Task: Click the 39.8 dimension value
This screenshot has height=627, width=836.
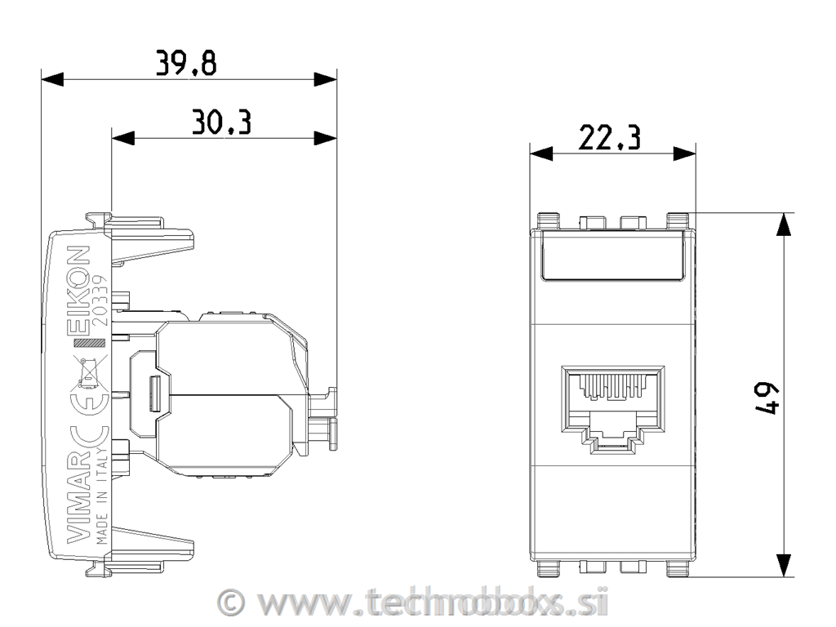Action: (x=187, y=63)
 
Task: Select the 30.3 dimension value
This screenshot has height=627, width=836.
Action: (x=221, y=122)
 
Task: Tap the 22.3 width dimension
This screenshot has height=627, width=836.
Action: (x=609, y=138)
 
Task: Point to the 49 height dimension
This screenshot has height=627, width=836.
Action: (x=767, y=396)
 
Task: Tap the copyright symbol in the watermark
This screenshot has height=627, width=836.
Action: (x=233, y=603)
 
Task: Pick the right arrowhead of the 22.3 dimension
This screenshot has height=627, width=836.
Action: (x=685, y=153)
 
